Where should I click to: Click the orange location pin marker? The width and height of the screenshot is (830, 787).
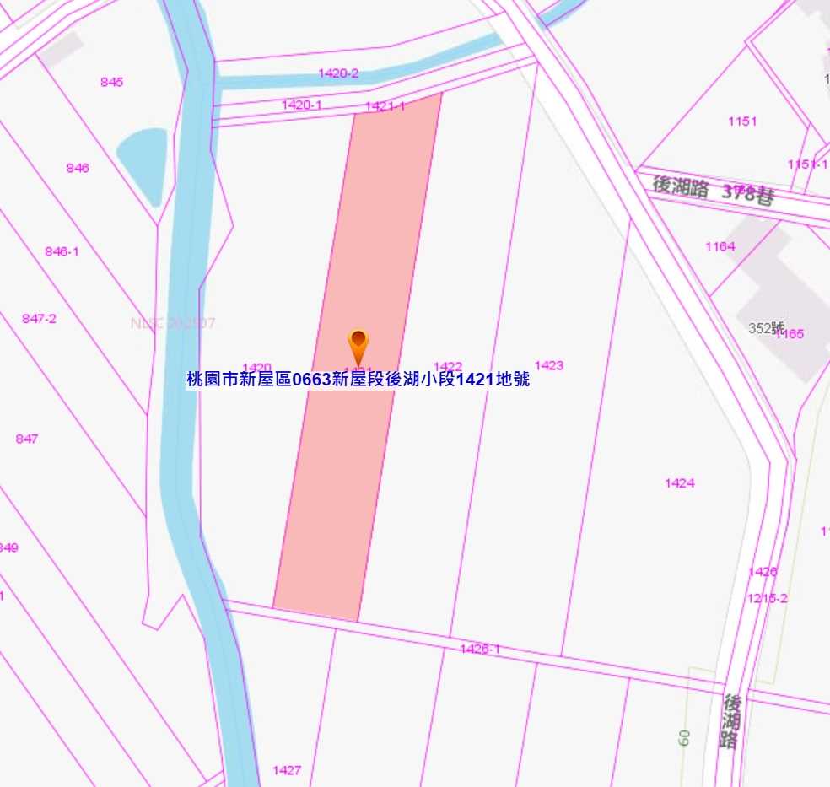[x=358, y=345]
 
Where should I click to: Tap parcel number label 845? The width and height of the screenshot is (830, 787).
[x=111, y=82]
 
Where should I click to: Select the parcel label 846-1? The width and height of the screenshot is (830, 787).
[x=62, y=251]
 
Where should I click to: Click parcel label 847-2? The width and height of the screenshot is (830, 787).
[x=39, y=318]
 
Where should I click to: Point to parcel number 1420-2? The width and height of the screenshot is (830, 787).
[x=338, y=73]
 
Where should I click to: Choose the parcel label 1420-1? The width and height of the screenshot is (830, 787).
[x=302, y=105]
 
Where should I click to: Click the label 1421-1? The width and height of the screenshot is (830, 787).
[x=385, y=106]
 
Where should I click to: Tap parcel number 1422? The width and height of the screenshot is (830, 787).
[x=448, y=366]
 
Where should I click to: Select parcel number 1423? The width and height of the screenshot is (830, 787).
[x=548, y=365]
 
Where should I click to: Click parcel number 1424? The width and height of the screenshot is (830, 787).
[x=679, y=483]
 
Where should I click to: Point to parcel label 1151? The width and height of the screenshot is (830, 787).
[x=742, y=121]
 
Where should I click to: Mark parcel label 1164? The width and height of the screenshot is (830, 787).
[x=720, y=246]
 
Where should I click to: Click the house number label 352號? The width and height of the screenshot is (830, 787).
[x=766, y=328]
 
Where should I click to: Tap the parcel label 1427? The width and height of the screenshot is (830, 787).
[x=287, y=770]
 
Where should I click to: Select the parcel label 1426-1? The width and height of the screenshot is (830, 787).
[x=480, y=649]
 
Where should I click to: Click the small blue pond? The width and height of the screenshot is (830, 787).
[x=143, y=164]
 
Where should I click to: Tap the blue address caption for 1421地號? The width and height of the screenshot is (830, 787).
[x=358, y=380]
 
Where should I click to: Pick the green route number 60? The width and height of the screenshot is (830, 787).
[x=684, y=737]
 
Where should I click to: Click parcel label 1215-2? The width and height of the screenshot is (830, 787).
[x=767, y=598]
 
